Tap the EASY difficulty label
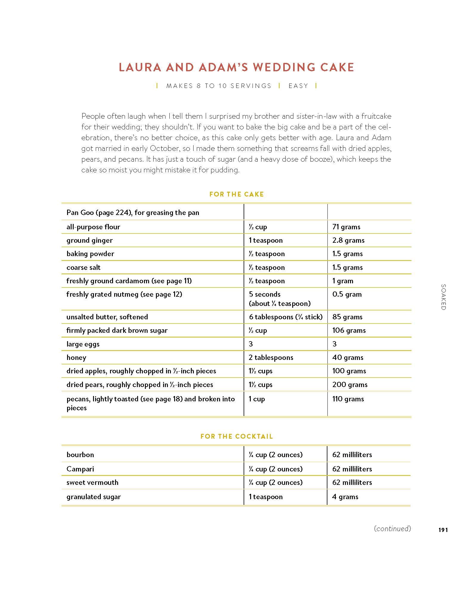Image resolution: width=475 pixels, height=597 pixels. tap(298, 86)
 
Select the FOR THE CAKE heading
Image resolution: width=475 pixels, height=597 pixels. tap(236, 194)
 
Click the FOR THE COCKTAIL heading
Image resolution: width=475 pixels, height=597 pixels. tap(236, 437)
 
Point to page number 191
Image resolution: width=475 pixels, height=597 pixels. tap(443, 530)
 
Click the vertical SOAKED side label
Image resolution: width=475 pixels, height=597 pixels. tap(443, 297)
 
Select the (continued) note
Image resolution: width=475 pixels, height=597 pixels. tap(392, 529)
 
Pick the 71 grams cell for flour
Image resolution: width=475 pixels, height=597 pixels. tap(346, 227)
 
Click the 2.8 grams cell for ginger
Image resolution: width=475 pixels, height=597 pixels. tap(348, 240)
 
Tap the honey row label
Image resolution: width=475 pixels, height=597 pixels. tap(76, 358)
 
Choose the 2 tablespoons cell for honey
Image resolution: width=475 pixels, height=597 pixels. tap(271, 358)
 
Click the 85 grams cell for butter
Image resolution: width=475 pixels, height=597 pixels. tap(347, 317)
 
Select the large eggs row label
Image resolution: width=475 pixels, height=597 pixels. tap(83, 344)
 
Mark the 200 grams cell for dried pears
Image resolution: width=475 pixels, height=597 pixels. tap(350, 385)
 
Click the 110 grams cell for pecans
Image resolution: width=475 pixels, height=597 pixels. tap(348, 399)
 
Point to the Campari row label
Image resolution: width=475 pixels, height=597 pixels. tap(80, 469)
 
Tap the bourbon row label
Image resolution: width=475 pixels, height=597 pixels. tap(80, 455)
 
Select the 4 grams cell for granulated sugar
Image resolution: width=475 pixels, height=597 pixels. tap(345, 497)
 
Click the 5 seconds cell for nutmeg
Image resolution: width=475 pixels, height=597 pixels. tap(264, 295)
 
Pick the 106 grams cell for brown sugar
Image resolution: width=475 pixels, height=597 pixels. tap(349, 330)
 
